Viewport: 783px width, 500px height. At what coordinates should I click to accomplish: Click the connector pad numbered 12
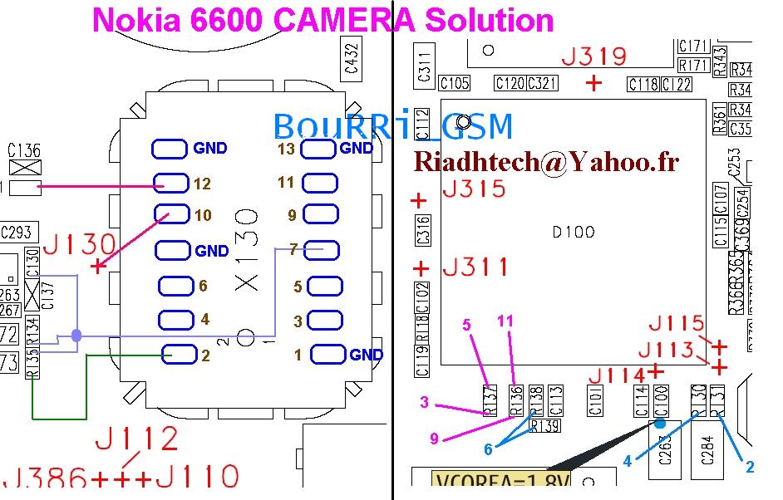click(170, 184)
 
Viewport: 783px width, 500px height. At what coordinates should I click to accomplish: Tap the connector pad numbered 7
click(318, 249)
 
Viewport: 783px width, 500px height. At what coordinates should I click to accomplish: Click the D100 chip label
click(574, 232)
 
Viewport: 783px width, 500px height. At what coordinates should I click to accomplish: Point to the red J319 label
click(593, 57)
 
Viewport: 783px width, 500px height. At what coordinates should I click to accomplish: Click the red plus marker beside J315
click(419, 200)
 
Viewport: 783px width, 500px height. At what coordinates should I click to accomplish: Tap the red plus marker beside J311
click(421, 268)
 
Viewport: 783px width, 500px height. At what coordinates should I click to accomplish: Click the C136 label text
click(23, 150)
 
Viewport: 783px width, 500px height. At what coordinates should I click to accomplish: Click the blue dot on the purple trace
click(76, 336)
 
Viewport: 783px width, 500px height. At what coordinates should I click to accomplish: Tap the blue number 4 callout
click(628, 462)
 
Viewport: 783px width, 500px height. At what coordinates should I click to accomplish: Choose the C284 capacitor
click(708, 453)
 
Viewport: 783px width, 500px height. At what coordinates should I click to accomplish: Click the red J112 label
click(137, 438)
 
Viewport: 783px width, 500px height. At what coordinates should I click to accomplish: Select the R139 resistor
click(545, 426)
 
